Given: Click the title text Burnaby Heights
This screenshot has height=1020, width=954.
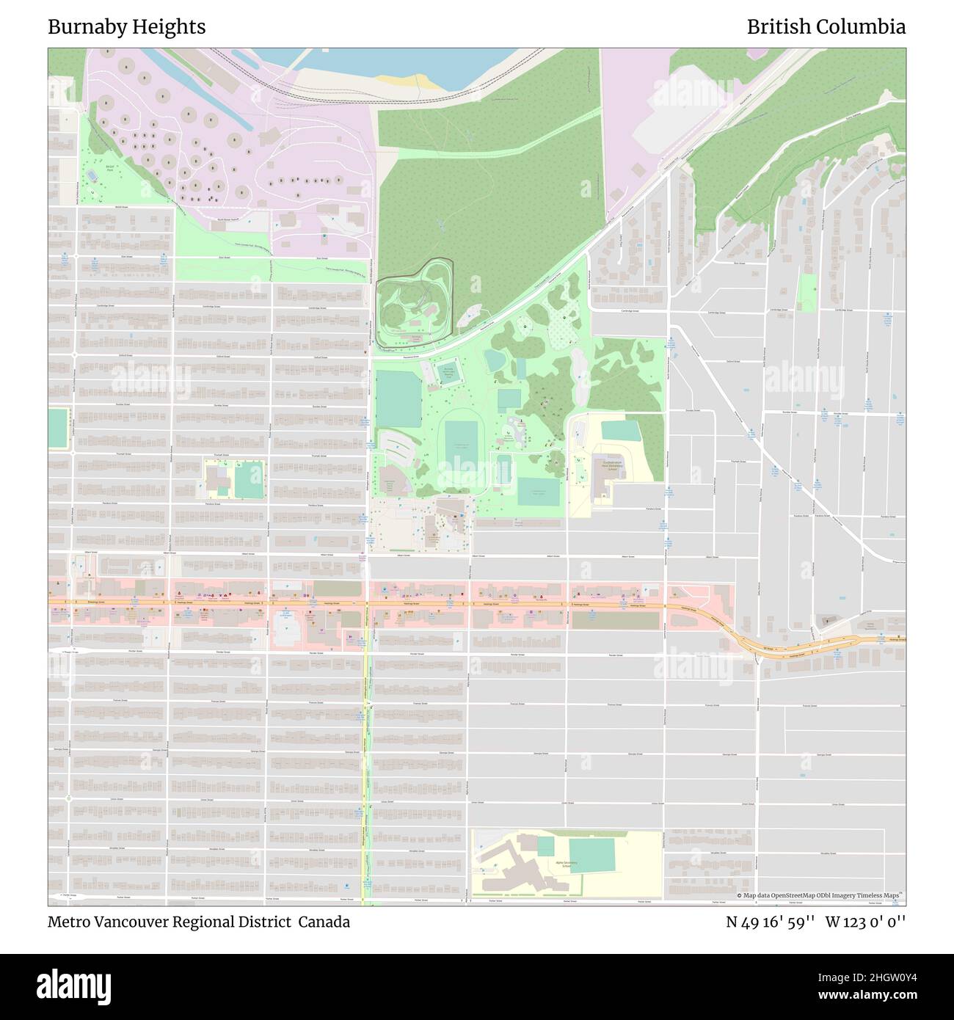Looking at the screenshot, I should (126, 27).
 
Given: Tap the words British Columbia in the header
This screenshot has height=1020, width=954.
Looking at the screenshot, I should (826, 27).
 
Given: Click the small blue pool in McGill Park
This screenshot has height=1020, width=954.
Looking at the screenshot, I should (92, 176).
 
